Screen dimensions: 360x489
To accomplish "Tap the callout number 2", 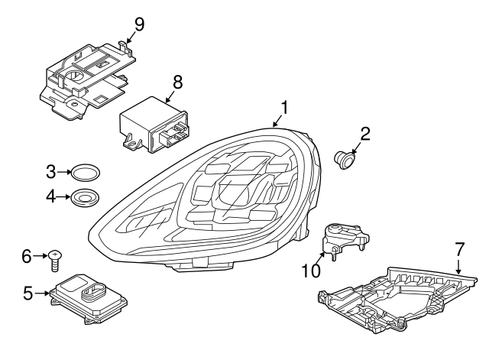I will [365, 135].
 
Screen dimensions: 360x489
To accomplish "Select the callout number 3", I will [50, 170].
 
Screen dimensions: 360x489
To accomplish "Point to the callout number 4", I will [50, 196].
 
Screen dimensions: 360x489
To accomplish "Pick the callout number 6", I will [28, 256].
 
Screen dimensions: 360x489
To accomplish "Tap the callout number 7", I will [459, 248].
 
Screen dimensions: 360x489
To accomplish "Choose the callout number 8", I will [177, 80].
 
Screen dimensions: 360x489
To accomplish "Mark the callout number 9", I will [138, 24].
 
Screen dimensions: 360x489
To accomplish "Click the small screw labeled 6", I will [55, 259].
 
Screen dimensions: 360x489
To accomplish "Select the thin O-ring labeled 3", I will [85, 170].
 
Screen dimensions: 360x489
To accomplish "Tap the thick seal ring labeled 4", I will [85, 197].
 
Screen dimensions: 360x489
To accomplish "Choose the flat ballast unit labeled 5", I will [86, 294].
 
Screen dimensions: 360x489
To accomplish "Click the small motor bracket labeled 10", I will [342, 238].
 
